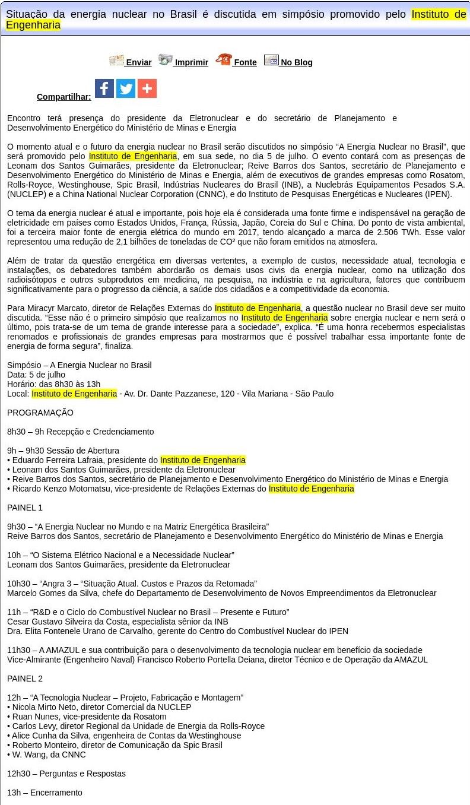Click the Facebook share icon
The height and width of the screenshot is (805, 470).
[104, 88]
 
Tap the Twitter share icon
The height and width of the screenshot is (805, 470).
[126, 88]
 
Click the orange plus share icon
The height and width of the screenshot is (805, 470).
[147, 88]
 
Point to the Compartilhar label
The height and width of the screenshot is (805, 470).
[64, 97]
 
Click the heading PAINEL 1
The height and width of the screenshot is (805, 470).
[25, 508]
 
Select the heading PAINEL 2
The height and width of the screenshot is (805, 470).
[25, 679]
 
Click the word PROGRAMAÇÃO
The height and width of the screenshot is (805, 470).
[40, 413]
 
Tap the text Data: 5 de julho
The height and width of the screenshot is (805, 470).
[36, 375]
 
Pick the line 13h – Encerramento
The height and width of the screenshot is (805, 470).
[45, 793]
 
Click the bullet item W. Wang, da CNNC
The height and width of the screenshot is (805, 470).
[49, 755]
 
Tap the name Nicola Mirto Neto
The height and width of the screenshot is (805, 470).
[45, 707]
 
